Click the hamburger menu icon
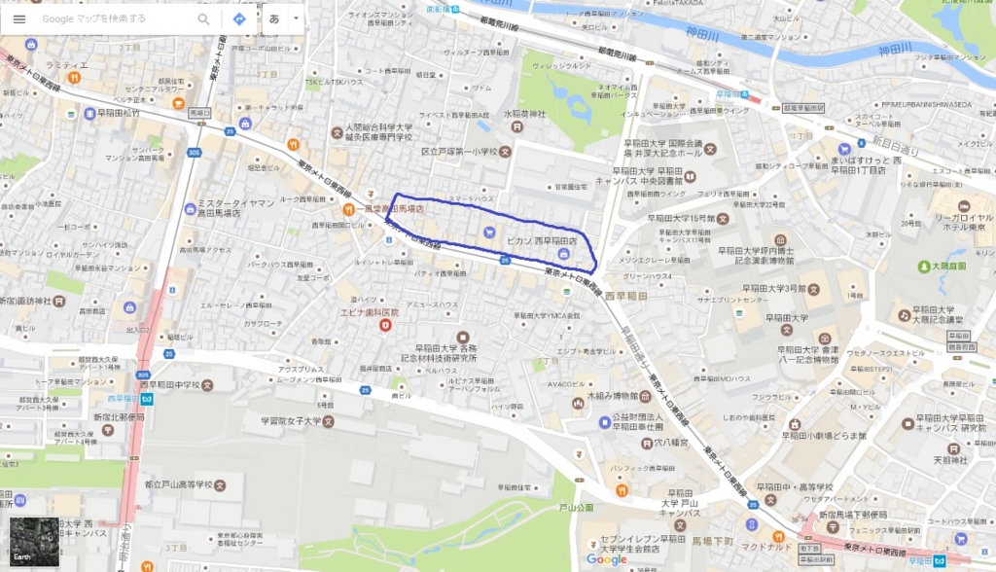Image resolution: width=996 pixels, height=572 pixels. point(19,18)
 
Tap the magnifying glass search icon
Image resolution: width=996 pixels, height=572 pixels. point(203,18)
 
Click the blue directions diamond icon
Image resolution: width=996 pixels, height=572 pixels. point(239,18)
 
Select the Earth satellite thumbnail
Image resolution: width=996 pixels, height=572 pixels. point(34,543)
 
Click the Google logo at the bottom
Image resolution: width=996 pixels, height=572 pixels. point(606,559)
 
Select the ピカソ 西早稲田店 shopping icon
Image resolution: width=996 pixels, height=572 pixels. point(562,253)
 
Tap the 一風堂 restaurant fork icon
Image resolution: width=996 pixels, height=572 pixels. point(347,209)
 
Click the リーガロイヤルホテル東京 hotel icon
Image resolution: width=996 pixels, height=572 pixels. point(963,206)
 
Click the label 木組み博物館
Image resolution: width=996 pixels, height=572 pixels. point(613,397)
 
